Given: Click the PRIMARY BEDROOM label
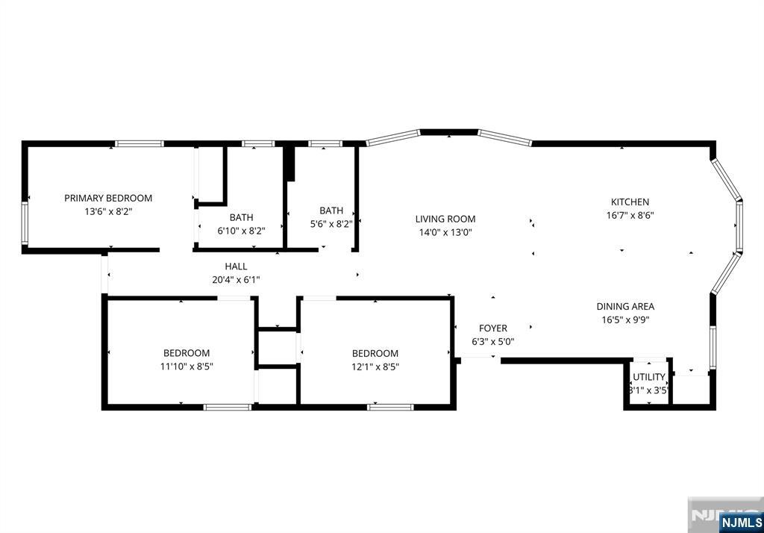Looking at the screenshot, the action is [108, 198].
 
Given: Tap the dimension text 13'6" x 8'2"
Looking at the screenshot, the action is [108, 212].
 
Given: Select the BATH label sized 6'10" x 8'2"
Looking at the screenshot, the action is [241, 217].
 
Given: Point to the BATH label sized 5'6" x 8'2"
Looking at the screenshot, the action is [331, 211].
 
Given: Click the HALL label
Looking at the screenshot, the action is [236, 266].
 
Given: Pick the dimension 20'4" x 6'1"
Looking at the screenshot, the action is [236, 280].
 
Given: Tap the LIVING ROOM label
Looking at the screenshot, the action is [445, 219].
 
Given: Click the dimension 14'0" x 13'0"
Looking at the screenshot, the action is [445, 233].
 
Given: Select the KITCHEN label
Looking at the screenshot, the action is [630, 202].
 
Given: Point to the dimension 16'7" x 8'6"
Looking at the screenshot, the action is [630, 215].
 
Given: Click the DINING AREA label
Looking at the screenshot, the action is [626, 306].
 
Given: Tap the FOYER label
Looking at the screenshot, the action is [493, 328].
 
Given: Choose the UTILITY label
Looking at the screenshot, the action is [649, 377].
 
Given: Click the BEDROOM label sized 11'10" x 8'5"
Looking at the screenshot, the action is [187, 353].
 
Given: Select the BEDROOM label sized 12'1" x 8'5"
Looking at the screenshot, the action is [375, 353].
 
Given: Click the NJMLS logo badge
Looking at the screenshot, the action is [741, 523].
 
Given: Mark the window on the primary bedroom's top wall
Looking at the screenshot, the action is [140, 144].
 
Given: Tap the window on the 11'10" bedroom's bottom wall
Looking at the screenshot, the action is [228, 407].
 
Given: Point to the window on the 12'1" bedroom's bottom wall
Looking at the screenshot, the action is [390, 407].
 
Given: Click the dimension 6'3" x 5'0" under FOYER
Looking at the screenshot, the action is [493, 342].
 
